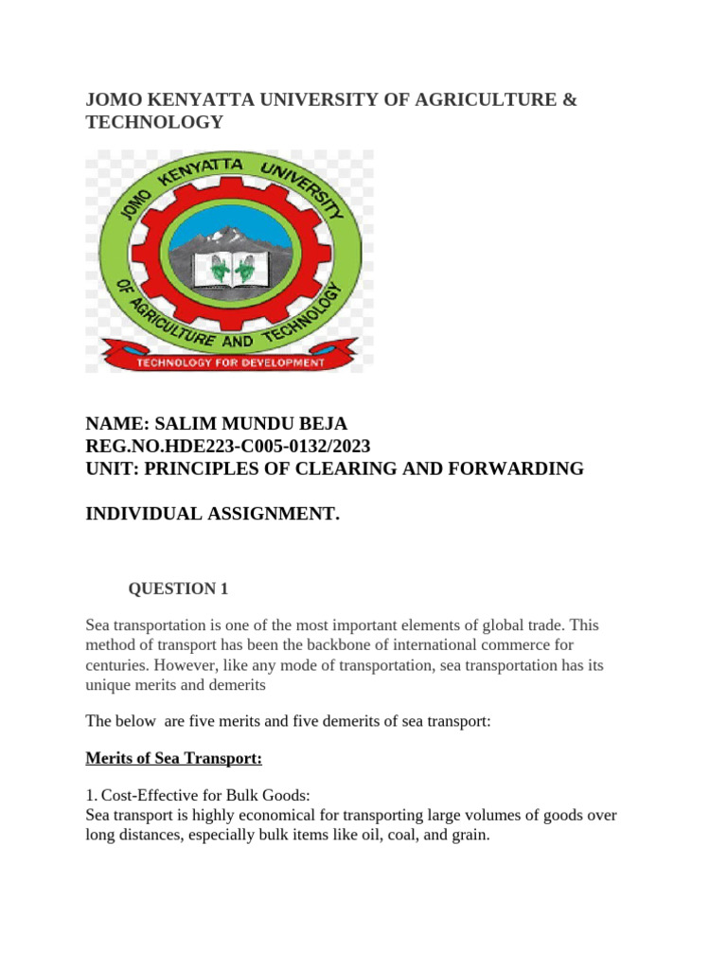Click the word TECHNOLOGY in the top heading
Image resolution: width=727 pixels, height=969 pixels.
[154, 122]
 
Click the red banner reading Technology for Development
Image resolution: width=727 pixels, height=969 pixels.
[231, 361]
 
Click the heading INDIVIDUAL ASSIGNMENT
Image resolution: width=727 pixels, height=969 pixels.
[212, 514]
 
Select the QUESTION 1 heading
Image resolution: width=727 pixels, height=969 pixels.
[179, 589]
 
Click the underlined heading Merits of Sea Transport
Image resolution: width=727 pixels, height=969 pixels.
[173, 759]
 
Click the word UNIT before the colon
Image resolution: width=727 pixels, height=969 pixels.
[110, 468]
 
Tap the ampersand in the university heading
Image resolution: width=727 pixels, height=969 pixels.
[568, 99]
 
